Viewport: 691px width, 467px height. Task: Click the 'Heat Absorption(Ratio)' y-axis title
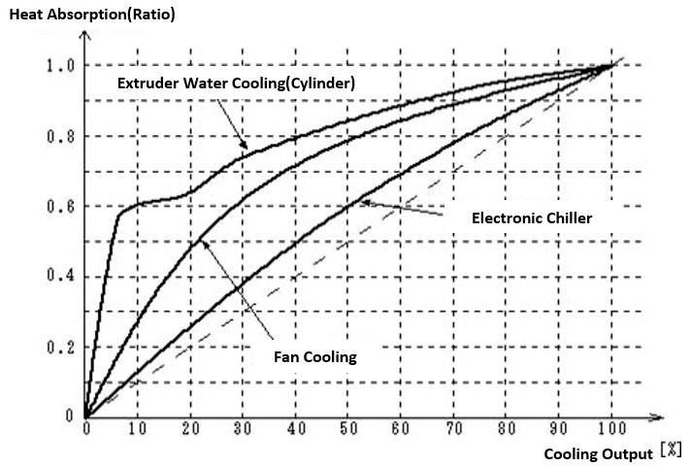[x=92, y=15]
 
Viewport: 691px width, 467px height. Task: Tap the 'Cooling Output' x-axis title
[x=597, y=453]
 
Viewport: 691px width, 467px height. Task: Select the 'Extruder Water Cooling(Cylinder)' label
[x=236, y=83]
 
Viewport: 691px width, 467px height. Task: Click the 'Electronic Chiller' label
[x=531, y=217]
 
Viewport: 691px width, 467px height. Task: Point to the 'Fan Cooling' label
[x=316, y=356]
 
